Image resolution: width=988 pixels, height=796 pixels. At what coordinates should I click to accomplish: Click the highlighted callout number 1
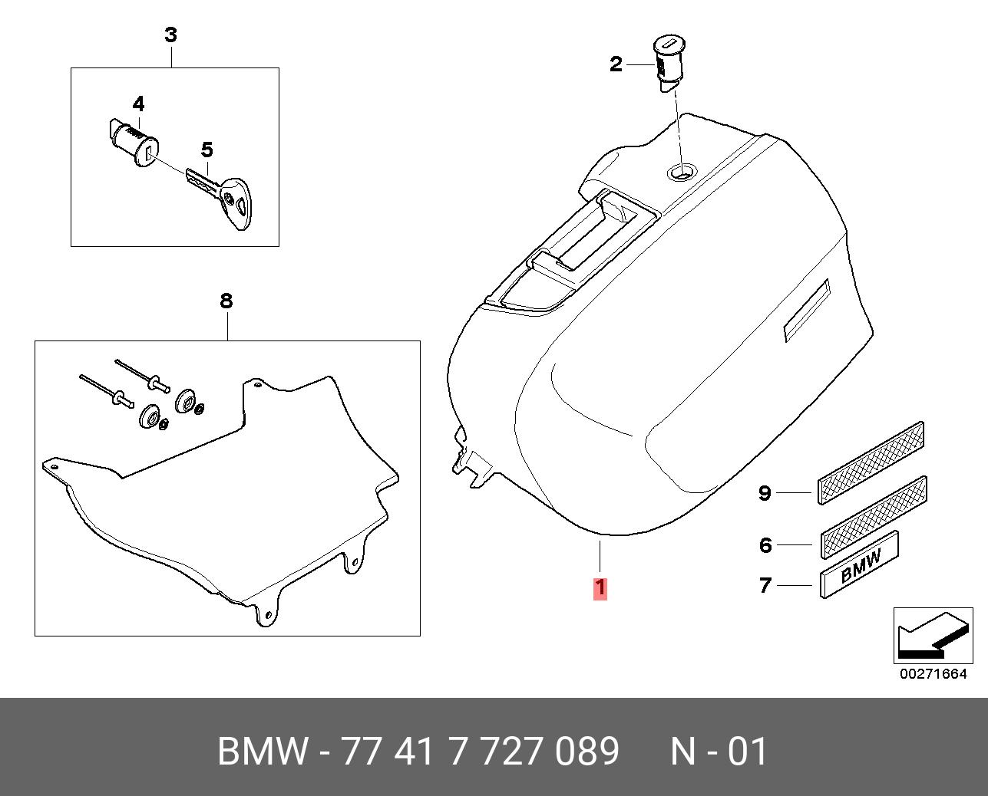point(600,589)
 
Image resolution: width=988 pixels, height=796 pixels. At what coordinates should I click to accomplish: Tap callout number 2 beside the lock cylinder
point(616,64)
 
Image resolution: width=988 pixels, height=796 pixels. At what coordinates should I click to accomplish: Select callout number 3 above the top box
point(170,35)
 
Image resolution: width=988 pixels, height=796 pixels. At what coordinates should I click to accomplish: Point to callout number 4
point(138,104)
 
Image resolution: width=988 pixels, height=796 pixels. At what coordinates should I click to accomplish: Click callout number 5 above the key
point(207,150)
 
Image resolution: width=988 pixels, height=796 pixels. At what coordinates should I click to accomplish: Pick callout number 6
point(765,545)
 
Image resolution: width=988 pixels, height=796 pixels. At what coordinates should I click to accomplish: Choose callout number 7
point(765,585)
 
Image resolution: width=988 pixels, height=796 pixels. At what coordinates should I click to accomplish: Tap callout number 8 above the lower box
point(226,301)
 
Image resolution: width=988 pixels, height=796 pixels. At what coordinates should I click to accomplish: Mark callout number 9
point(765,493)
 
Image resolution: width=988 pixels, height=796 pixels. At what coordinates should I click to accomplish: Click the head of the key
point(237,202)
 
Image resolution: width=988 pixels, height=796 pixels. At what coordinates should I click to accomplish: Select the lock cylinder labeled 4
point(130,143)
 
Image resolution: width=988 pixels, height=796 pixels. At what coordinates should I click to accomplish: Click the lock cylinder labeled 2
point(668,64)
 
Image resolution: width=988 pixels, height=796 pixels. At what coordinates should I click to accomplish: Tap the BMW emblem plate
point(860,564)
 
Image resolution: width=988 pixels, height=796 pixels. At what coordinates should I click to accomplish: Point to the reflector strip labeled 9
point(871,462)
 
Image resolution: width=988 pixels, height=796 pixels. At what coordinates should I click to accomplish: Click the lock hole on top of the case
point(682,173)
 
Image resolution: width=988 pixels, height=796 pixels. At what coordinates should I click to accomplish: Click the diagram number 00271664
point(933,674)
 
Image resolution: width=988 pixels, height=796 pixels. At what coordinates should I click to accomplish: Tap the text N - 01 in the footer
point(719,751)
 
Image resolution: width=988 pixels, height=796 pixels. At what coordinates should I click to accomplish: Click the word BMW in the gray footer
point(263,751)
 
